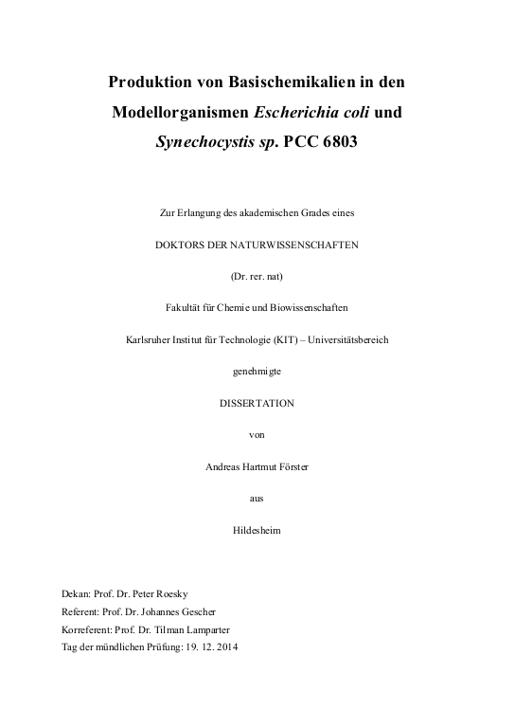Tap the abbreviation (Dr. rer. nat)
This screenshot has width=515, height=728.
[x=257, y=275]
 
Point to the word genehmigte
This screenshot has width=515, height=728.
[x=257, y=371]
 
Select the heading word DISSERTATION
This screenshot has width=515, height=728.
[x=257, y=403]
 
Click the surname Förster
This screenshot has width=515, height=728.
[x=291, y=466]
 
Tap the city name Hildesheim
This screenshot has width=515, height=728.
[x=257, y=530]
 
